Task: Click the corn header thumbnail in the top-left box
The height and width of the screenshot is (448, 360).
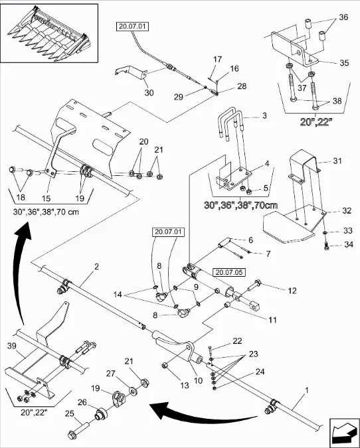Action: point(49,33)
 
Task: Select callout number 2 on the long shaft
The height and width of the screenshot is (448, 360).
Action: point(97,266)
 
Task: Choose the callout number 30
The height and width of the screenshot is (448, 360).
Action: point(148,92)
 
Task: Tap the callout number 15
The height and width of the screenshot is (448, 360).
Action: point(46,198)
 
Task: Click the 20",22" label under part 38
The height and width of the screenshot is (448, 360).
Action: point(311,123)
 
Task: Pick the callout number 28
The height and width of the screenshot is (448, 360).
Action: point(223,86)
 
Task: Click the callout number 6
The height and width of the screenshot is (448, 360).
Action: point(250,240)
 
